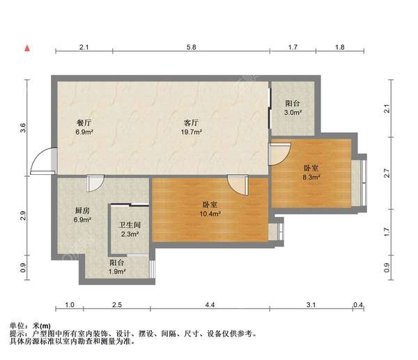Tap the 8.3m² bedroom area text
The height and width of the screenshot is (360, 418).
click(311, 177)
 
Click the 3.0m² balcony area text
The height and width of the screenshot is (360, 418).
click(293, 112)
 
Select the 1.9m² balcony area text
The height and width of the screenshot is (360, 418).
click(117, 272)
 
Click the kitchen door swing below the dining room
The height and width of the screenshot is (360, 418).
click(95, 183)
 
